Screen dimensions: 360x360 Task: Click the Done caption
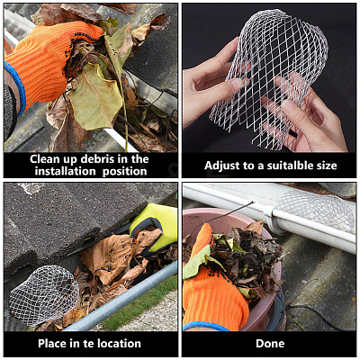(x=270, y=343)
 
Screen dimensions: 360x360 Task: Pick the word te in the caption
(x=88, y=344)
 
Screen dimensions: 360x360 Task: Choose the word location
(x=119, y=343)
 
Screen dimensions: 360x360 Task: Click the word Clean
(x=45, y=159)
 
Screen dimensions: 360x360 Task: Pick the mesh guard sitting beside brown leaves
(x=42, y=295)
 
